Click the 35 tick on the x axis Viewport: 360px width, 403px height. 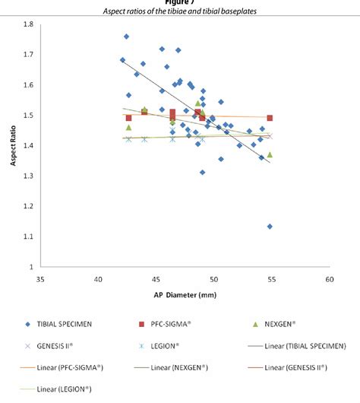click(40, 279)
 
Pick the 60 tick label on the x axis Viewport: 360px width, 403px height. click(330, 279)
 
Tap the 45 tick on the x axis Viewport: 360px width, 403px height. click(156, 279)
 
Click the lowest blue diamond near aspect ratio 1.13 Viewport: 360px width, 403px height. click(270, 227)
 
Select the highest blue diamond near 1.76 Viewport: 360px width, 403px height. click(126, 36)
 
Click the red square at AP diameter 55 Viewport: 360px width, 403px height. click(270, 118)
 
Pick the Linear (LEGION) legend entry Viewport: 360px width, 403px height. click(65, 389)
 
